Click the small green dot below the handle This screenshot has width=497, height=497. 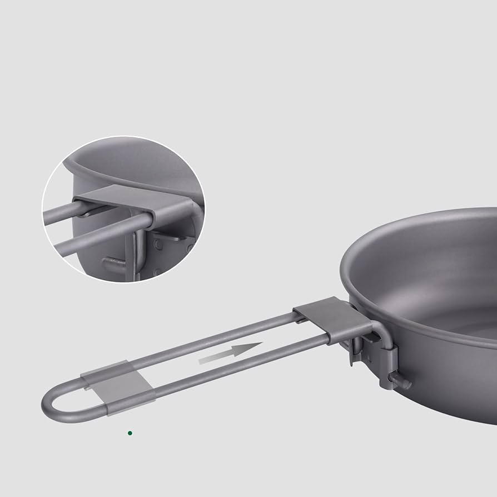click(130, 433)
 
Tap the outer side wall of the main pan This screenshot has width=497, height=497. click(445, 378)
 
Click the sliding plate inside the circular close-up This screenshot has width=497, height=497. click(139, 200)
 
